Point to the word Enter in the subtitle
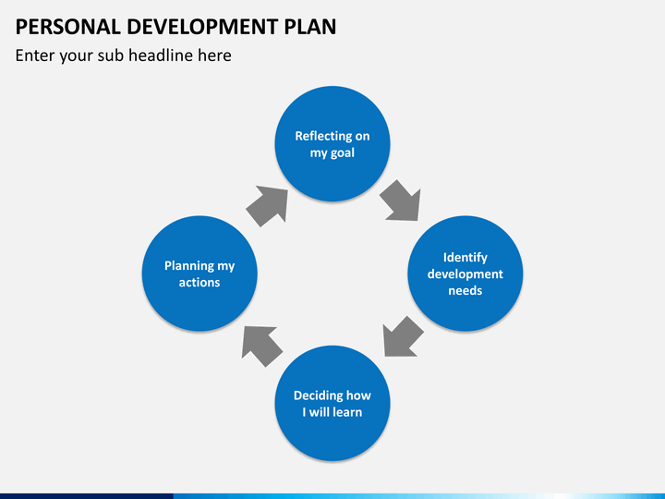coord(36,55)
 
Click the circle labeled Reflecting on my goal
coord(332,144)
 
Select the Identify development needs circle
coord(465,274)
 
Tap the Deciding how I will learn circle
coord(332,404)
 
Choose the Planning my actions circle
coord(199,274)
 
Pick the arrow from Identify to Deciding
coord(403,335)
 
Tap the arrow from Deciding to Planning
coord(262,344)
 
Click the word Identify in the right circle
coord(465,258)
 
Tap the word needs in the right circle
coord(465,290)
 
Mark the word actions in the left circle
coord(199,282)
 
